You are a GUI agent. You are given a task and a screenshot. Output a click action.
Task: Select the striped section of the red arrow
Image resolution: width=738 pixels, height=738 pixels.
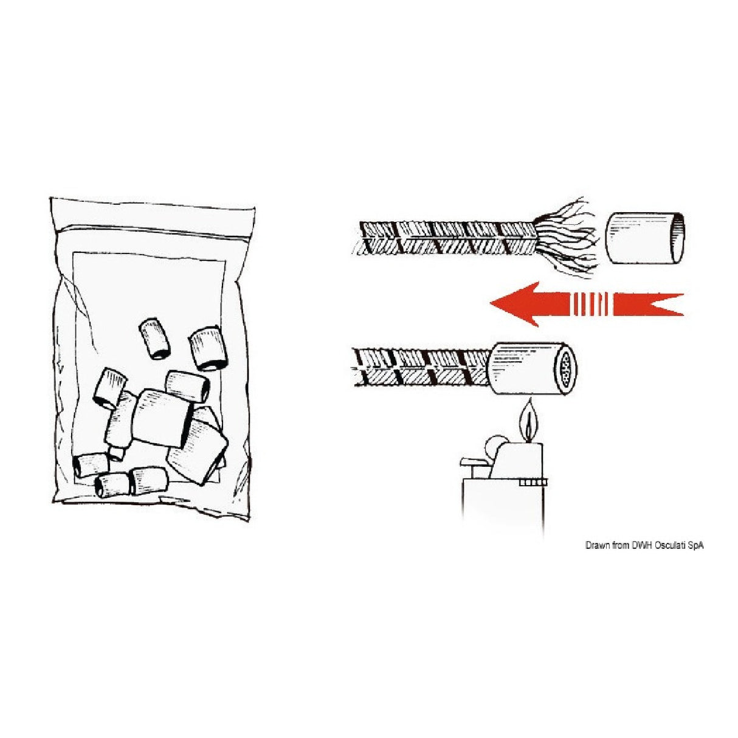590,304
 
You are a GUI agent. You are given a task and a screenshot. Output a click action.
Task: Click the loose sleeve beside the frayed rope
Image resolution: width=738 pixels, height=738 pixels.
644,238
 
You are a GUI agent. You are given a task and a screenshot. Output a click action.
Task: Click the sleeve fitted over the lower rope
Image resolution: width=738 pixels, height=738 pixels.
533,368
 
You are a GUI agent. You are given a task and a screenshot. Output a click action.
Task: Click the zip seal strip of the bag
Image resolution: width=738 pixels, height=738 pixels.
153,229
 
